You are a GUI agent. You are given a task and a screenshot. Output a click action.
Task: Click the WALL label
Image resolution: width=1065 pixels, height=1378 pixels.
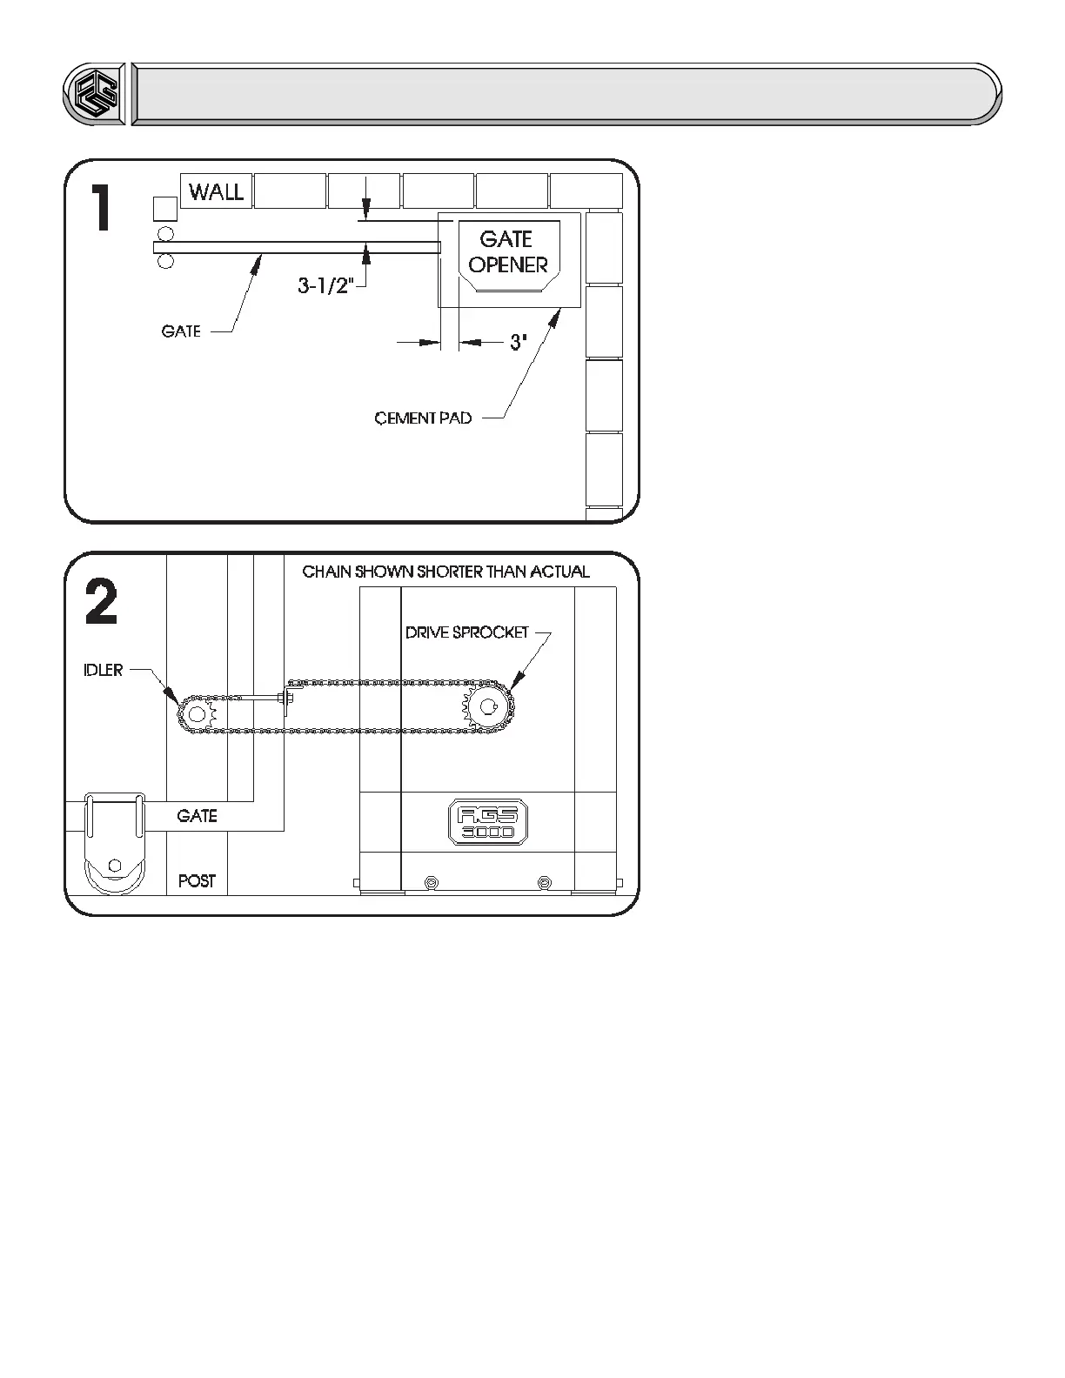click(216, 191)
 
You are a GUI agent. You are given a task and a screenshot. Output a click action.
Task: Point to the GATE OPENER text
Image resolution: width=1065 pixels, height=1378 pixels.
click(508, 251)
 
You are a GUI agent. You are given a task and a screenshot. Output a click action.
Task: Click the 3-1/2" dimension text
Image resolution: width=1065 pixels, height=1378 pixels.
click(325, 285)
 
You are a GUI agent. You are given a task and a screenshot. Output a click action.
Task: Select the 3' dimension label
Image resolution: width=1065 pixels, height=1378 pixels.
click(519, 343)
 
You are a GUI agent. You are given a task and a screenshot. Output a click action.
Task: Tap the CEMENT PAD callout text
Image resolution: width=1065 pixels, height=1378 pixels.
click(423, 418)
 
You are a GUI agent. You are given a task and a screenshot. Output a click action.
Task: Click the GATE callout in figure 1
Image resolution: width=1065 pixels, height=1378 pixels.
click(181, 331)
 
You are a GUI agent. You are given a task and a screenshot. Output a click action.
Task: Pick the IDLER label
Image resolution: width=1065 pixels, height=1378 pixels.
click(103, 670)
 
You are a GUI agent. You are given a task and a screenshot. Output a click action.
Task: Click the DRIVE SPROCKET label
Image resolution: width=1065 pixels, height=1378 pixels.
click(467, 632)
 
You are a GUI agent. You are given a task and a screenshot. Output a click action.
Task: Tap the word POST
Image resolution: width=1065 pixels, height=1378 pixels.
click(197, 881)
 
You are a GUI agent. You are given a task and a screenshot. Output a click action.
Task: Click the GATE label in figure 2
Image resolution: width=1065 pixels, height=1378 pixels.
click(197, 816)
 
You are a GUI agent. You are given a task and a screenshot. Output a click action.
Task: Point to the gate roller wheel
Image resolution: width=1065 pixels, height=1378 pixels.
click(113, 867)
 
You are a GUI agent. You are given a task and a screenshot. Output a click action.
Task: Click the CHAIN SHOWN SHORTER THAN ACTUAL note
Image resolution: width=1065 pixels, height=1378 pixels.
click(445, 572)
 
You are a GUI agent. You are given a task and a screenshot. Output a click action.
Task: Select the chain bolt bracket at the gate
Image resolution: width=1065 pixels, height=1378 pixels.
click(287, 698)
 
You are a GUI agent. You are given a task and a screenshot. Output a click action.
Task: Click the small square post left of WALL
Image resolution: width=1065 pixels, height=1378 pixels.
click(164, 209)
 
